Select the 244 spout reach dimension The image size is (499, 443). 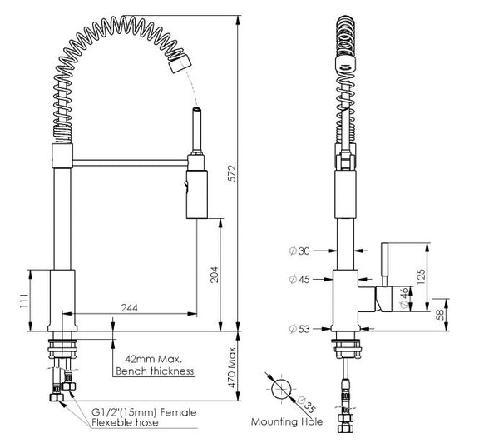(129, 308)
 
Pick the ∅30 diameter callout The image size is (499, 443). (299, 250)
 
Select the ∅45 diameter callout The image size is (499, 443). (299, 279)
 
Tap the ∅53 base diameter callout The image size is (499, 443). (299, 329)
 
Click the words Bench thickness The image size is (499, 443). (155, 371)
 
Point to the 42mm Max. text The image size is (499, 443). (146, 358)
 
